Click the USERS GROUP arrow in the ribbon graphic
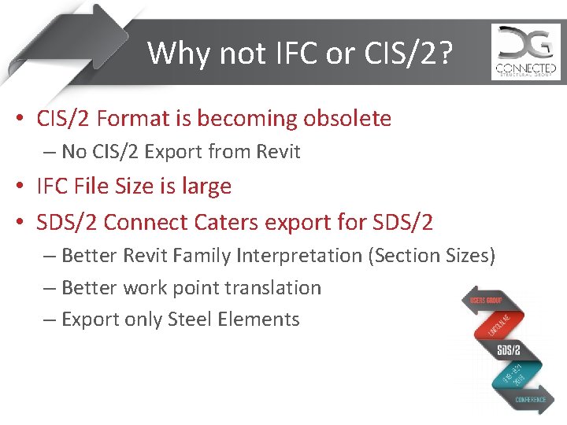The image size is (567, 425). [487, 300]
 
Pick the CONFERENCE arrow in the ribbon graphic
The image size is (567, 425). [530, 400]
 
